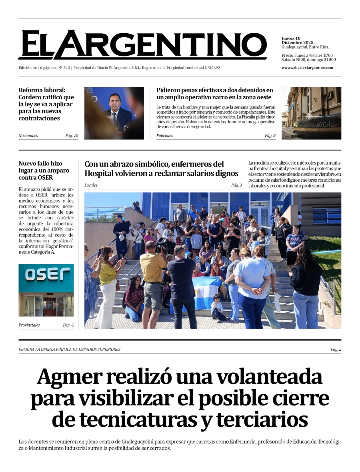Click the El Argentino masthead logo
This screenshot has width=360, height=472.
142,45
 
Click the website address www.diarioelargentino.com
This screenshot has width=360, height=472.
307,68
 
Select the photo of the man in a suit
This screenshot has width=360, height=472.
114,113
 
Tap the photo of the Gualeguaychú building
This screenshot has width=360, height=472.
311,113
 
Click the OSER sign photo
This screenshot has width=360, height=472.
46,290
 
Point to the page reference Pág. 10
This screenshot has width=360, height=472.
72,136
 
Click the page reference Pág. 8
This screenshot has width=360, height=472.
270,136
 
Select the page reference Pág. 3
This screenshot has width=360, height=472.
236,185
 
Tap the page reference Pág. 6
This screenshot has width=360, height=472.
68,325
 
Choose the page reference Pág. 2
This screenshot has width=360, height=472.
336,349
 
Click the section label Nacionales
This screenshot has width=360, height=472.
28,136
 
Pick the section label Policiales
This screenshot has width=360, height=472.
164,136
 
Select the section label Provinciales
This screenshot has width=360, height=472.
29,325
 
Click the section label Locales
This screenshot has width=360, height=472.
91,185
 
